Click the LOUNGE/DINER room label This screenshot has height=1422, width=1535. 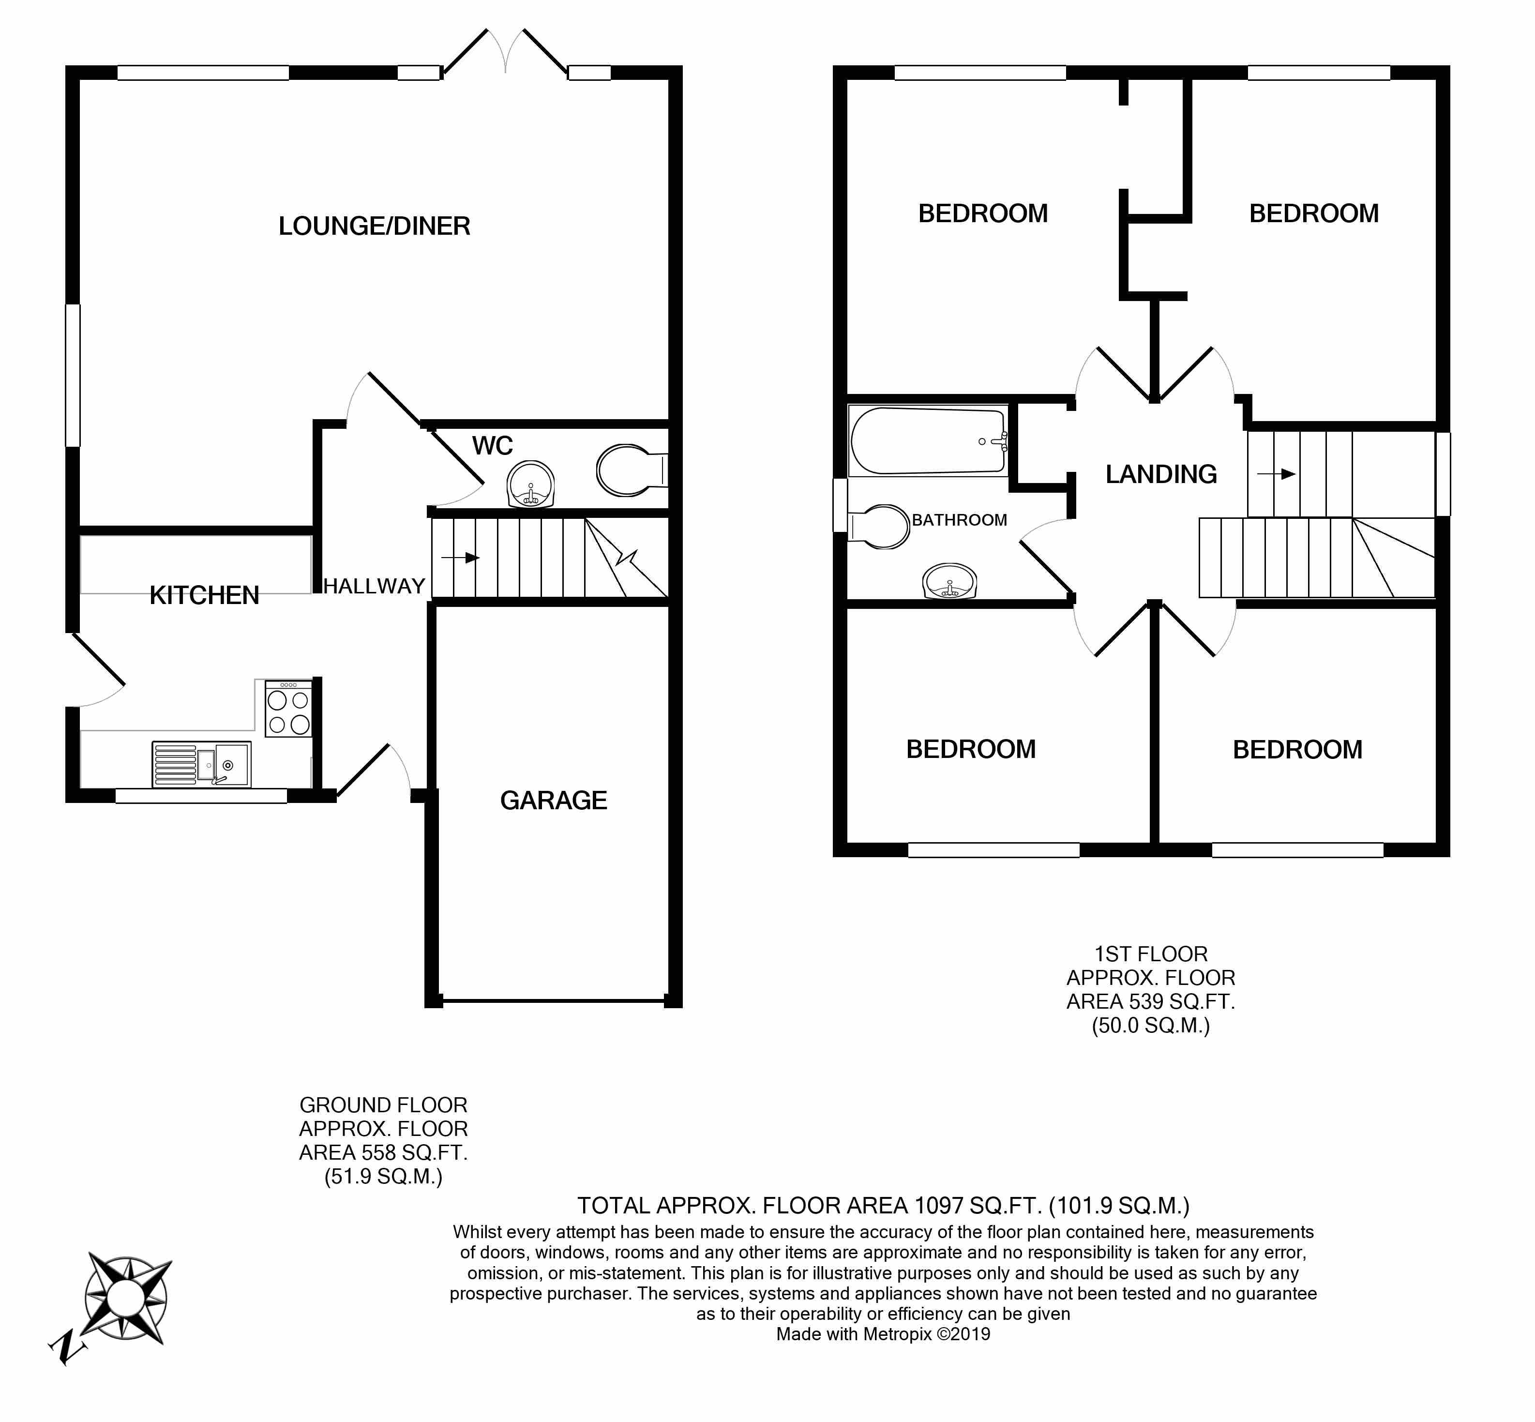pyautogui.click(x=374, y=226)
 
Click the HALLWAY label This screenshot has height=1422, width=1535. pyautogui.click(x=374, y=586)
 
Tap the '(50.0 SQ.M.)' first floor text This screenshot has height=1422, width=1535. pyautogui.click(x=1150, y=1026)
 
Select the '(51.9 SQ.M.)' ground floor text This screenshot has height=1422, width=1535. pyautogui.click(x=383, y=1177)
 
